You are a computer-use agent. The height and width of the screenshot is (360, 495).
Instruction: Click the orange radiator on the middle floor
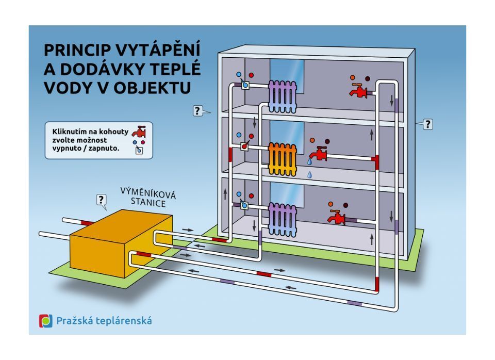(x=283, y=158)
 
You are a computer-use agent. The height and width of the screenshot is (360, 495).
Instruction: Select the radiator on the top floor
(x=284, y=96)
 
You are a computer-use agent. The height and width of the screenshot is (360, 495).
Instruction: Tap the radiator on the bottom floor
(x=283, y=219)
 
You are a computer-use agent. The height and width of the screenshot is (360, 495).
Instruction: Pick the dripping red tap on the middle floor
(x=319, y=153)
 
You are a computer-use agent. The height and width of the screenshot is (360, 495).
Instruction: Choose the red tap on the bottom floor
(x=337, y=217)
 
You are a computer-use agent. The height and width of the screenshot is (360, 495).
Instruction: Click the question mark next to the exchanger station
(x=101, y=200)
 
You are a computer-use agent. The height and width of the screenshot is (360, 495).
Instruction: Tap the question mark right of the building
(x=427, y=124)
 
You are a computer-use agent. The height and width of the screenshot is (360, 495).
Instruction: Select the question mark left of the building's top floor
(x=197, y=110)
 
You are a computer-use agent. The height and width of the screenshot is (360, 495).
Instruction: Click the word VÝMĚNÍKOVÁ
(x=148, y=193)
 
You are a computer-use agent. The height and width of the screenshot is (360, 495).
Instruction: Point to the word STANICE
(x=148, y=203)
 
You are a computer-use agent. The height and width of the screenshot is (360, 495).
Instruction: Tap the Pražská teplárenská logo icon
(x=46, y=321)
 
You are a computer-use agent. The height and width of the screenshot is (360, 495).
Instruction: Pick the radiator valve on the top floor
(x=245, y=84)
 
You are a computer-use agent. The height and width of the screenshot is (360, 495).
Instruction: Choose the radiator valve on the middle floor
(x=245, y=146)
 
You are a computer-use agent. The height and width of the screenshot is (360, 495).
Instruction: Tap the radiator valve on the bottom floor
(x=245, y=206)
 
